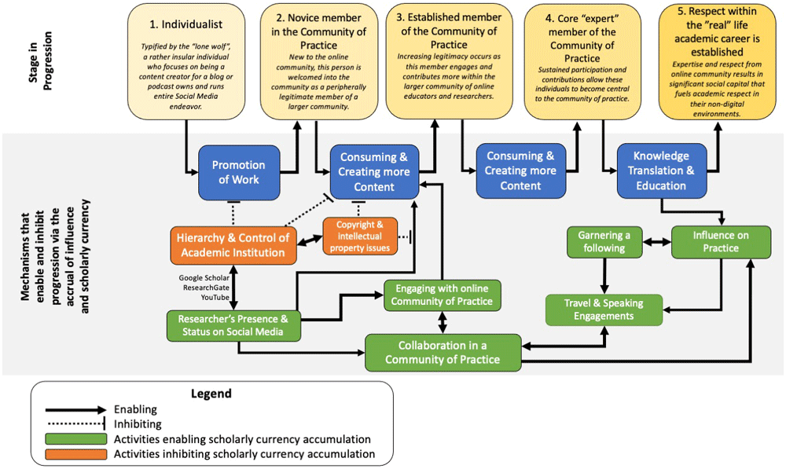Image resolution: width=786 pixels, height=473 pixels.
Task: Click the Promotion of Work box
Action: pyautogui.click(x=239, y=171)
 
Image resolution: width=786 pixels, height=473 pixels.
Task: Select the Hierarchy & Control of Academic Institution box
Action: pyautogui.click(x=233, y=244)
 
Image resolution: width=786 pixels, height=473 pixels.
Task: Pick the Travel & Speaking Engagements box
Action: pyautogui.click(x=604, y=310)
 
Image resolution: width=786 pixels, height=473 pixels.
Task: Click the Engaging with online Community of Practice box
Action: pyautogui.click(x=442, y=295)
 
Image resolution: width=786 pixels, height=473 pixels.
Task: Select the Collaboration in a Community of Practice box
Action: pyautogui.click(x=443, y=352)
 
